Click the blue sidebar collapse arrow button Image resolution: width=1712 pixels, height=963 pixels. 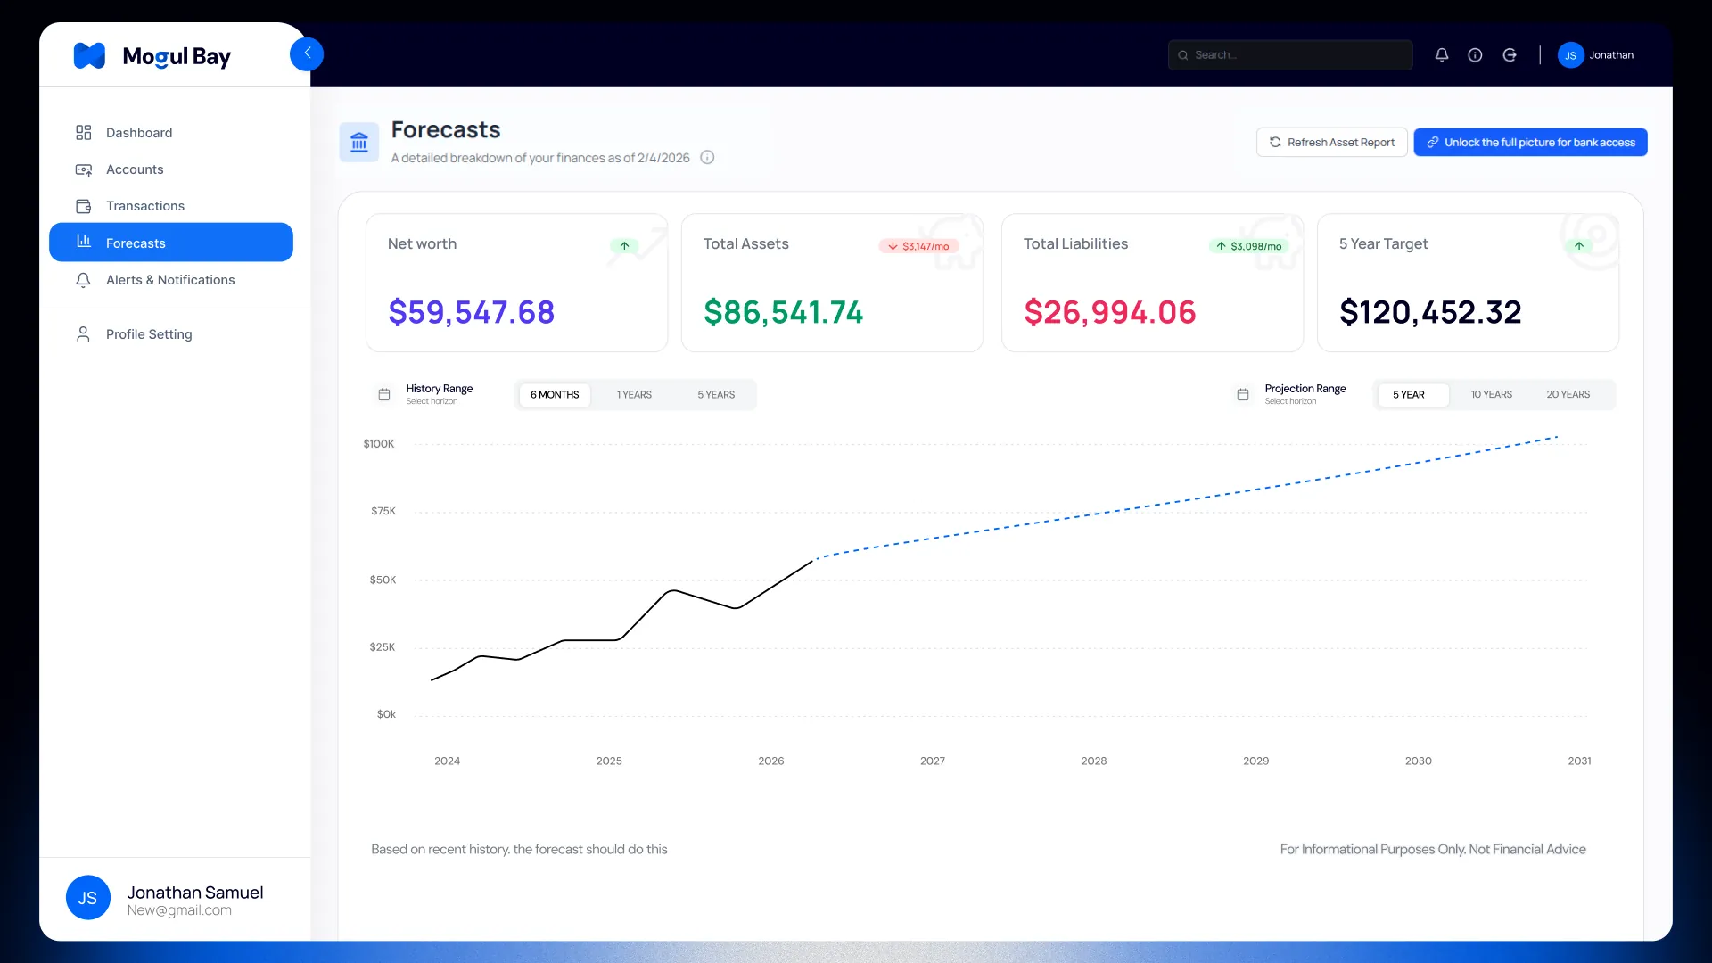[307, 53]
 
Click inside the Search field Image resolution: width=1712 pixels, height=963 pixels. [1290, 55]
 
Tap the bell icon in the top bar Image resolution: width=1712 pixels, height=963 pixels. [1442, 55]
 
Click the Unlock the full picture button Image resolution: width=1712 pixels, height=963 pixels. [1530, 143]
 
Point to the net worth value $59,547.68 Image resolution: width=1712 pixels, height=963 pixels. [471, 312]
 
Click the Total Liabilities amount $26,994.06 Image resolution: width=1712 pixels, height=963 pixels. [1109, 312]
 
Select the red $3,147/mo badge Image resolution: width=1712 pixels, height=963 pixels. [918, 246]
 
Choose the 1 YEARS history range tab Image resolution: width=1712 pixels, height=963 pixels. [634, 395]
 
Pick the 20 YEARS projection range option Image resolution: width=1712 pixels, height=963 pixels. [1568, 395]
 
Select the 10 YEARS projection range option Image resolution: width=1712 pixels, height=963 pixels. [1491, 395]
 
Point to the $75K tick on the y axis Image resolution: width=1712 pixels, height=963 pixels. [383, 512]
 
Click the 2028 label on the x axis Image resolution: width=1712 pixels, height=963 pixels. [1094, 761]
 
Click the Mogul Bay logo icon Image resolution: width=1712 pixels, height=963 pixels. [89, 55]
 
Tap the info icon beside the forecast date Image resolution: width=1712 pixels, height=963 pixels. [707, 158]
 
